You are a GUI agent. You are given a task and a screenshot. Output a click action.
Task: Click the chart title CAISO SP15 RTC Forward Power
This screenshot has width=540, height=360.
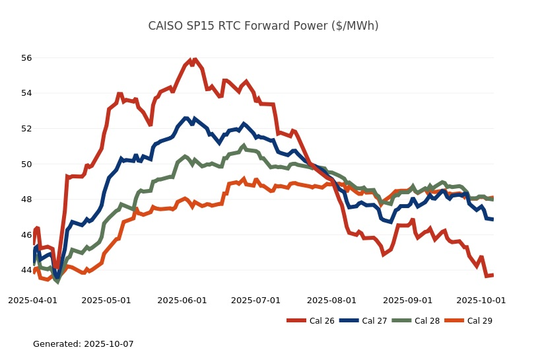(x=263, y=26)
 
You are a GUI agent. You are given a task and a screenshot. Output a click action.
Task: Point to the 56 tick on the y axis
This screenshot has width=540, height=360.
(x=26, y=57)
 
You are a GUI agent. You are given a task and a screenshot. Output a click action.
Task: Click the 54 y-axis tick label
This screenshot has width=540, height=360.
(x=26, y=93)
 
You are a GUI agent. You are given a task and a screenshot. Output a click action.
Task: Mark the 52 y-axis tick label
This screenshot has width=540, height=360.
(x=26, y=128)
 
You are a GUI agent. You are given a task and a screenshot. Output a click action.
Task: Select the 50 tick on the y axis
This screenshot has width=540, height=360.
(x=26, y=164)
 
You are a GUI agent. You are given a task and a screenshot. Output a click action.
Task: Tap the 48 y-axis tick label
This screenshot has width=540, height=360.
(x=26, y=199)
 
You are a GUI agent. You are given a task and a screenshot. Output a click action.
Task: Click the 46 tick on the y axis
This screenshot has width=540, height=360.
(x=26, y=234)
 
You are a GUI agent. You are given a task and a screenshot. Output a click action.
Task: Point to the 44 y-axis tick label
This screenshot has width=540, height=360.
(x=26, y=270)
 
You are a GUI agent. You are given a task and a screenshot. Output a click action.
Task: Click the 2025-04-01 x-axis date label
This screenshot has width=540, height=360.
(x=32, y=300)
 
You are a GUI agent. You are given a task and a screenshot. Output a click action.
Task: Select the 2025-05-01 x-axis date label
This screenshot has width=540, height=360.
(x=106, y=300)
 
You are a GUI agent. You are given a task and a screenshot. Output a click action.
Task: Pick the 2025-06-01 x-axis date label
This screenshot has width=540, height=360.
(x=182, y=300)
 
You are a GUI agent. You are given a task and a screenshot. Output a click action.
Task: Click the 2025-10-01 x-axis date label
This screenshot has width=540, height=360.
(x=481, y=300)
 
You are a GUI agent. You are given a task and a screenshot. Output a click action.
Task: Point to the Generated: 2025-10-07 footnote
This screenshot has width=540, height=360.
(x=83, y=344)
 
